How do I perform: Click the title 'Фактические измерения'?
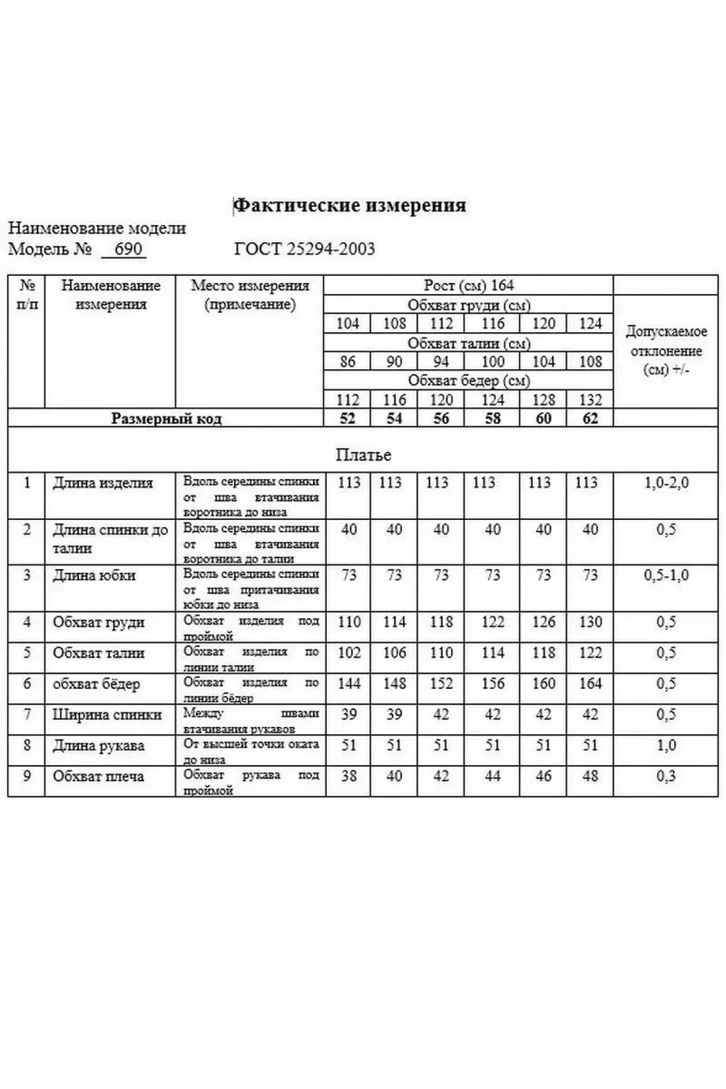[x=350, y=205]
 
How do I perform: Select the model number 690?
[x=128, y=249]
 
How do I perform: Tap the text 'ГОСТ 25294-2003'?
[x=304, y=249]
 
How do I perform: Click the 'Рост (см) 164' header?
[x=468, y=285]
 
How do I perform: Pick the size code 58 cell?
[x=492, y=418]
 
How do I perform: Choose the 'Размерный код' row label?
[x=166, y=418]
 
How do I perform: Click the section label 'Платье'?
[x=363, y=454]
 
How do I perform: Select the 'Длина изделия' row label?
[x=103, y=483]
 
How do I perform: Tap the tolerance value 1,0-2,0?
[x=666, y=483]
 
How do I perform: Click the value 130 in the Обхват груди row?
[x=590, y=622]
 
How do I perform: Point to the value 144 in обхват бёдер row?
[x=349, y=683]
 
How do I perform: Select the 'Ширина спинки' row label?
[x=107, y=714]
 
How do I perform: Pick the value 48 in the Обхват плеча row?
[x=590, y=776]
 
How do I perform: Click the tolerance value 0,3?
[x=666, y=776]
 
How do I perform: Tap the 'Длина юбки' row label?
[x=94, y=576]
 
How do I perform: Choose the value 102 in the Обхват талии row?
[x=349, y=652]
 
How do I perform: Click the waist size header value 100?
[x=492, y=362]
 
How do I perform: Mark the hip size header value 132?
[x=590, y=400]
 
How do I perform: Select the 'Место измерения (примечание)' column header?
[x=250, y=295]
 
